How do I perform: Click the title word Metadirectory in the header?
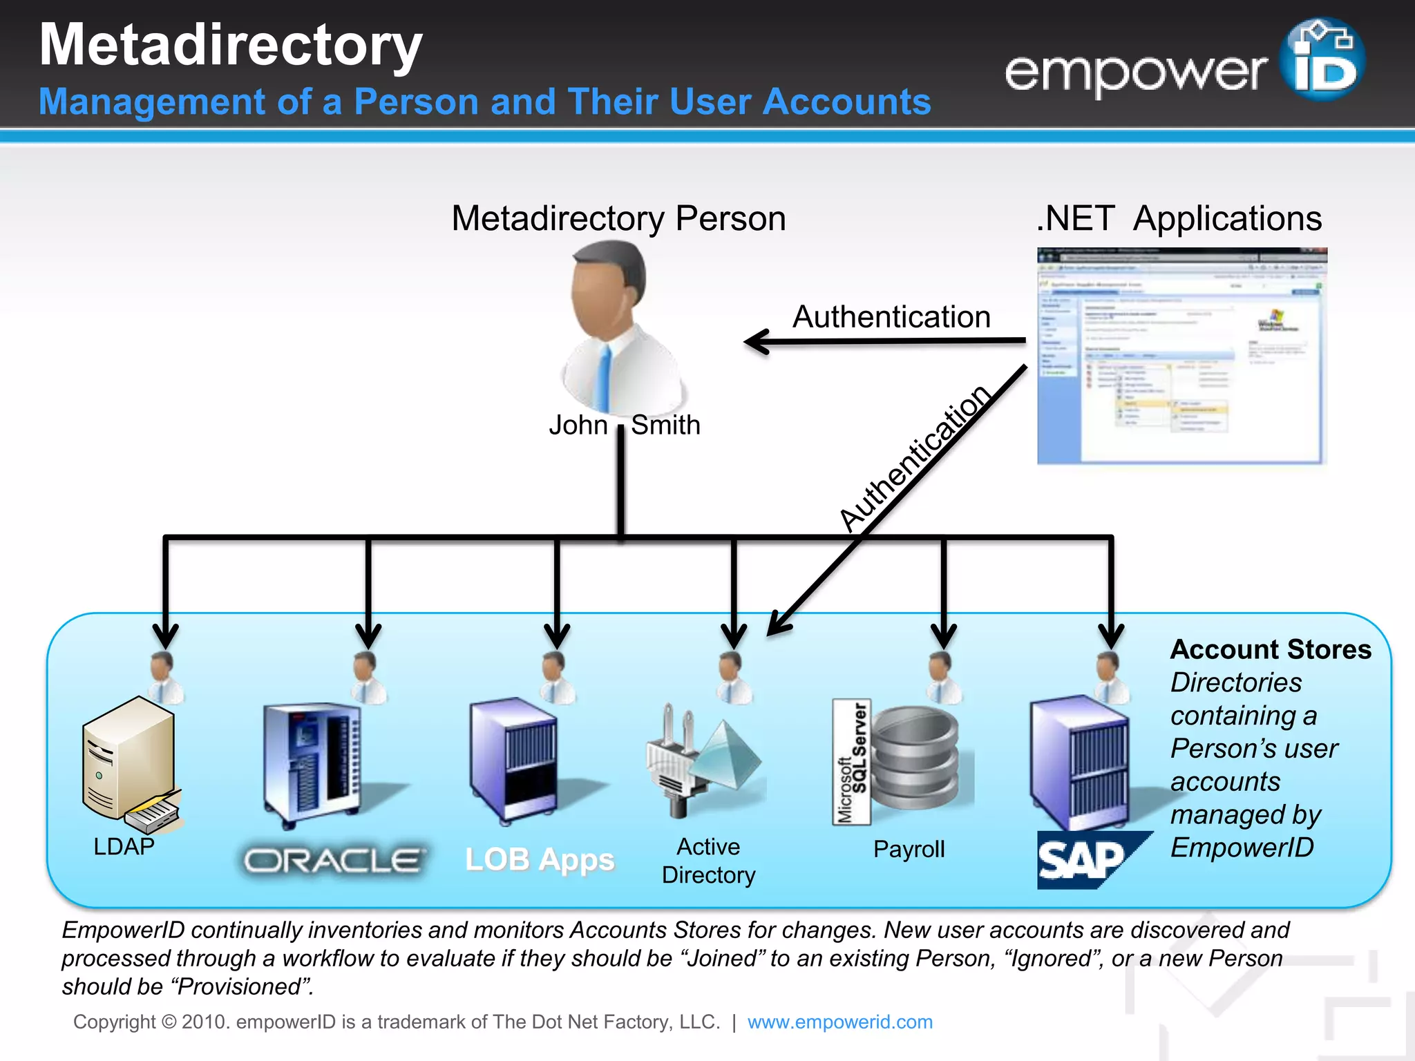[230, 45]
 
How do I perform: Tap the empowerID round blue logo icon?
[1321, 60]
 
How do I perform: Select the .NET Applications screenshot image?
[1181, 356]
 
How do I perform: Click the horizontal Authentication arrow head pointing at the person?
[757, 341]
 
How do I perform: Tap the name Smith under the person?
[665, 425]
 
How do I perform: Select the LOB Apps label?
[539, 860]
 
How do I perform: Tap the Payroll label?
[909, 849]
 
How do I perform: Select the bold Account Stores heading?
[1270, 649]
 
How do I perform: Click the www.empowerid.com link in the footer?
[839, 1022]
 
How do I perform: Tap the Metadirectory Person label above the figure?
[618, 218]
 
